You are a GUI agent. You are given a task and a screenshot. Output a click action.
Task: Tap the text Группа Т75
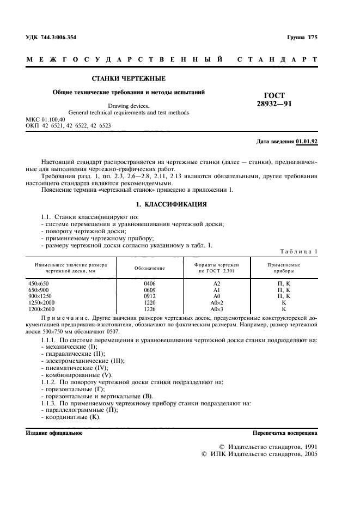(x=302, y=37)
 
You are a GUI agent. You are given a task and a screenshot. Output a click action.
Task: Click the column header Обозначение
(x=149, y=268)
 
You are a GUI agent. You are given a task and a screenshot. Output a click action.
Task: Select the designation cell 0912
(x=149, y=296)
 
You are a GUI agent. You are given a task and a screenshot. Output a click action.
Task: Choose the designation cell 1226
(x=149, y=308)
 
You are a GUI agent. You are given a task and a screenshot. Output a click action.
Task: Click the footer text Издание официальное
(x=54, y=433)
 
